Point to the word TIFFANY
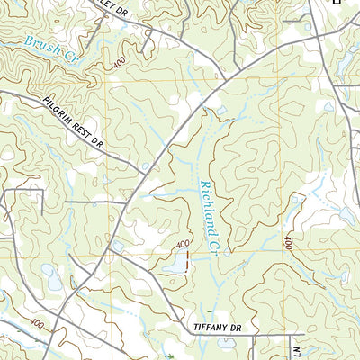211,328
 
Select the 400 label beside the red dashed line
183,244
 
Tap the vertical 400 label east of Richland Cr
288,243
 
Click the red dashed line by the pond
186,261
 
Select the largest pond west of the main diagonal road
51,282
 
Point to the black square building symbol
337,3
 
